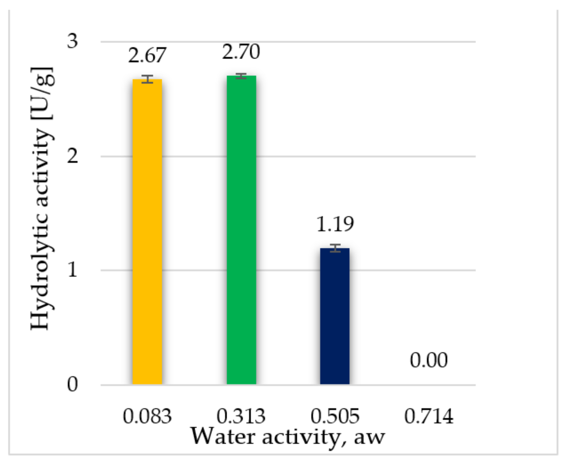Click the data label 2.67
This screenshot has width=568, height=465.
(147, 56)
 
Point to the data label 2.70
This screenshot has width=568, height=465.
(241, 52)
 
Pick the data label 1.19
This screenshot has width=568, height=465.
(335, 224)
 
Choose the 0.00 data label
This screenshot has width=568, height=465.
(429, 360)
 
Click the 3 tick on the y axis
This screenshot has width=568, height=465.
(73, 41)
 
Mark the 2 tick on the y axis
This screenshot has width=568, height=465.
(73, 156)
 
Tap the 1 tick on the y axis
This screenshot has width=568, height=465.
(73, 270)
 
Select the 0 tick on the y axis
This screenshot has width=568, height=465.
(73, 384)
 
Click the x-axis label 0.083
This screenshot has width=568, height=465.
(147, 416)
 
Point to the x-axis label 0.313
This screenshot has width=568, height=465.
(241, 416)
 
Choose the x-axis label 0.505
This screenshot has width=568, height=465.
(335, 416)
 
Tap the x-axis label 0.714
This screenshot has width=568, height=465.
(429, 416)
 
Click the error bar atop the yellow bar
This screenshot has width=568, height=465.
(147, 79)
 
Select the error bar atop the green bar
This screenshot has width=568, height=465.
(241, 76)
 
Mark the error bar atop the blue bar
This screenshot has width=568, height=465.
(335, 248)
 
